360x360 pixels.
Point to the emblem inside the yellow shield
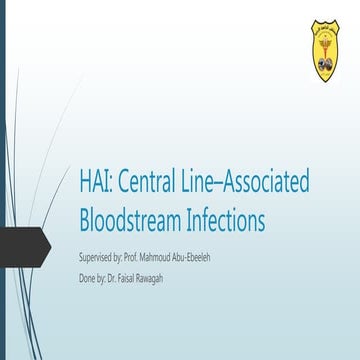(x=327, y=51)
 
